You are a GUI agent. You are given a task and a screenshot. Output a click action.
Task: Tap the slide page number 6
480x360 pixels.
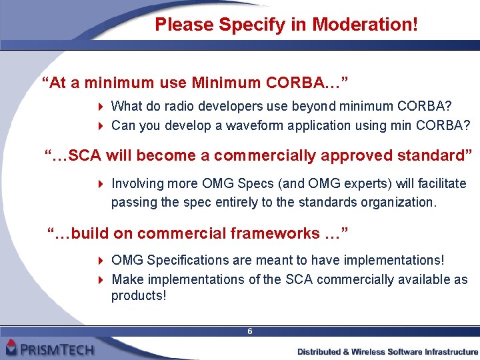coord(249,331)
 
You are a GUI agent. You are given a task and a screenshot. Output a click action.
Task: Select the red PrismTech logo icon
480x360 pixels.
coord(11,347)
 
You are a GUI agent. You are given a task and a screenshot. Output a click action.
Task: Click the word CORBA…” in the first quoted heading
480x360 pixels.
coord(307,83)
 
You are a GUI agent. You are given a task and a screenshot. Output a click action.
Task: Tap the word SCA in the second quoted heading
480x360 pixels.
coord(84,155)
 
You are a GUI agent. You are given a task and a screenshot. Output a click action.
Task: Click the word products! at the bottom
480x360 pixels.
coord(138,295)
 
